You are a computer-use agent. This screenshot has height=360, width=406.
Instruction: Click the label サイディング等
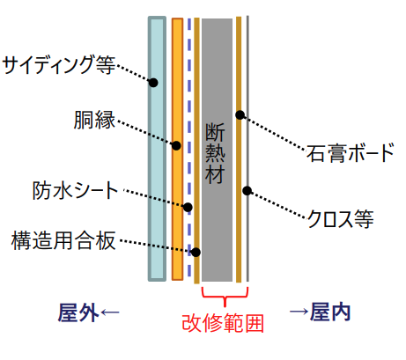click(59, 64)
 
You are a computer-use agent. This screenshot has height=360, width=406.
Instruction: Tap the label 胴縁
click(94, 120)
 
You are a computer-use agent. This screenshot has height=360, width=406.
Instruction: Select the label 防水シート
click(75, 190)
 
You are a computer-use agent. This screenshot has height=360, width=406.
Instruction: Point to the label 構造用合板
click(63, 240)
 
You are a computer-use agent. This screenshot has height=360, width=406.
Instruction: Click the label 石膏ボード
click(350, 152)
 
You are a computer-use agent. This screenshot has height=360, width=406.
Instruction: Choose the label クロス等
click(340, 218)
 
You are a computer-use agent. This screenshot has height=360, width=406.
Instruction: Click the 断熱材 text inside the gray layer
click(215, 153)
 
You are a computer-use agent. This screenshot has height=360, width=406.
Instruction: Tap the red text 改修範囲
click(223, 323)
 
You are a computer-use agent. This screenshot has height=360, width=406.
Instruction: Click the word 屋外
click(78, 312)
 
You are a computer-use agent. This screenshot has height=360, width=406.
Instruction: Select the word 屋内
click(330, 312)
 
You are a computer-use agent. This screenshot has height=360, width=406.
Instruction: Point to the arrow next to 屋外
click(110, 312)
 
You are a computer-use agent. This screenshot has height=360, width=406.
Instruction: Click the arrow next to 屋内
click(299, 311)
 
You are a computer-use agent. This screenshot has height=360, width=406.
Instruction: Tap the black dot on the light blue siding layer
click(153, 83)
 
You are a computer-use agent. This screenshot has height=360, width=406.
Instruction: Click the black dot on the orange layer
click(176, 145)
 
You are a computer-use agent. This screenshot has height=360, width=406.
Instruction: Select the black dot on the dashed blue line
click(188, 207)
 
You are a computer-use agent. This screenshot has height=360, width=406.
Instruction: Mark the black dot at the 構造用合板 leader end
click(196, 252)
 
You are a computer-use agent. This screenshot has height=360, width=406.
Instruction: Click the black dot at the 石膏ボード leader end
click(240, 114)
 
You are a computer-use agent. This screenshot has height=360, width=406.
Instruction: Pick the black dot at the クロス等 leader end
click(247, 191)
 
